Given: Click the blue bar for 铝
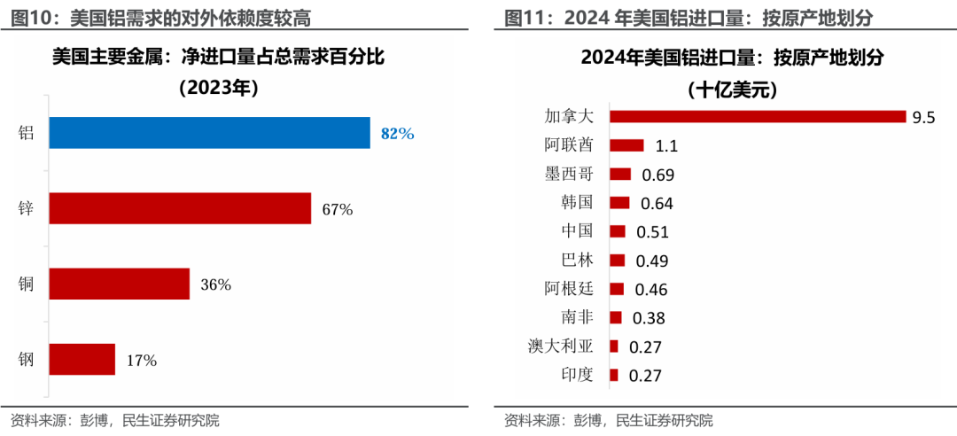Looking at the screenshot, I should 209,133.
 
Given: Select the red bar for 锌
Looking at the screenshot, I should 180,208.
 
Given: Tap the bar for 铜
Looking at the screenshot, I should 119,284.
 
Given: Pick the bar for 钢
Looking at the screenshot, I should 82,359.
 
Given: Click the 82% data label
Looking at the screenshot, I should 397,134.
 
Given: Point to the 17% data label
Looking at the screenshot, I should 141,361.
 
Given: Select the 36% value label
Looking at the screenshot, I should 215,284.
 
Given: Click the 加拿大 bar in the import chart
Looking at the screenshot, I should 758,117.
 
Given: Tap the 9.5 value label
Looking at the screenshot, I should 924,118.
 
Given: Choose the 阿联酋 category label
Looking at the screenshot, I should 569,144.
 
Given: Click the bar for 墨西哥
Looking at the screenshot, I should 620,175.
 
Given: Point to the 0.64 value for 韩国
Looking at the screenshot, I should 657,204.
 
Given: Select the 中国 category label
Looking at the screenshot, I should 577,231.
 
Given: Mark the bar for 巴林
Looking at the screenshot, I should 618,260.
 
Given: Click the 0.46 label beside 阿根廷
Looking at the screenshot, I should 650,289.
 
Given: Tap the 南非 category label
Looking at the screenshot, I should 577,316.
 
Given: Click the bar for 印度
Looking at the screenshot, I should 614,374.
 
